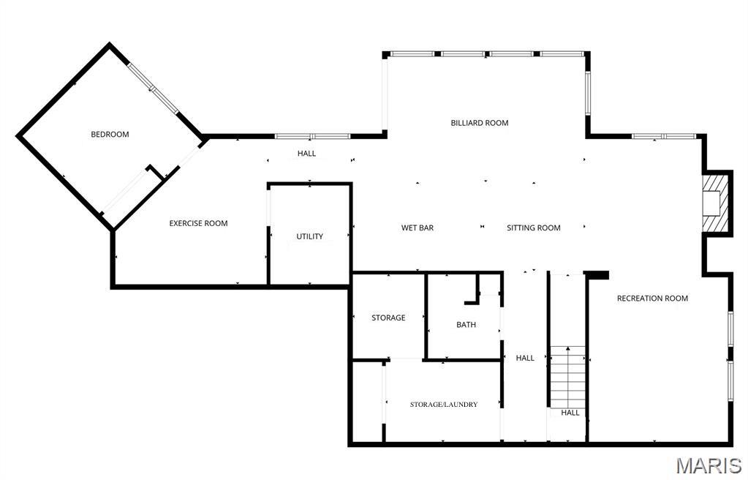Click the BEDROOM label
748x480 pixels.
[x=110, y=134]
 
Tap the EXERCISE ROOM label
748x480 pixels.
[x=198, y=223]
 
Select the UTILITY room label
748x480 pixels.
[x=309, y=236]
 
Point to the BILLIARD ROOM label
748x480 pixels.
[x=479, y=123]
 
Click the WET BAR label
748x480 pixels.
[x=418, y=228]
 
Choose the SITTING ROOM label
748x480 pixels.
[x=533, y=228]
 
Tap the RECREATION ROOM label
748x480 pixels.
[x=652, y=298]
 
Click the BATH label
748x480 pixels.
[x=466, y=324]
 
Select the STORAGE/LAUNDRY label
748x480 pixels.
[x=443, y=404]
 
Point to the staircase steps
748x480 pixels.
[x=567, y=376]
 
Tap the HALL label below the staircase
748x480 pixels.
[x=570, y=413]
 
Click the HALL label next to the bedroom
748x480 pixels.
[x=306, y=154]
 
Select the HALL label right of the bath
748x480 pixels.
[x=525, y=358]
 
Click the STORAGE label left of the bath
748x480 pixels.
[x=388, y=318]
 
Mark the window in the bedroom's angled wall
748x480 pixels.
[x=153, y=89]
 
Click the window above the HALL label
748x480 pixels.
[x=312, y=136]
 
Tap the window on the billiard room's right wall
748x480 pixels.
[x=587, y=93]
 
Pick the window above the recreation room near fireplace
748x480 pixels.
[x=663, y=136]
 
